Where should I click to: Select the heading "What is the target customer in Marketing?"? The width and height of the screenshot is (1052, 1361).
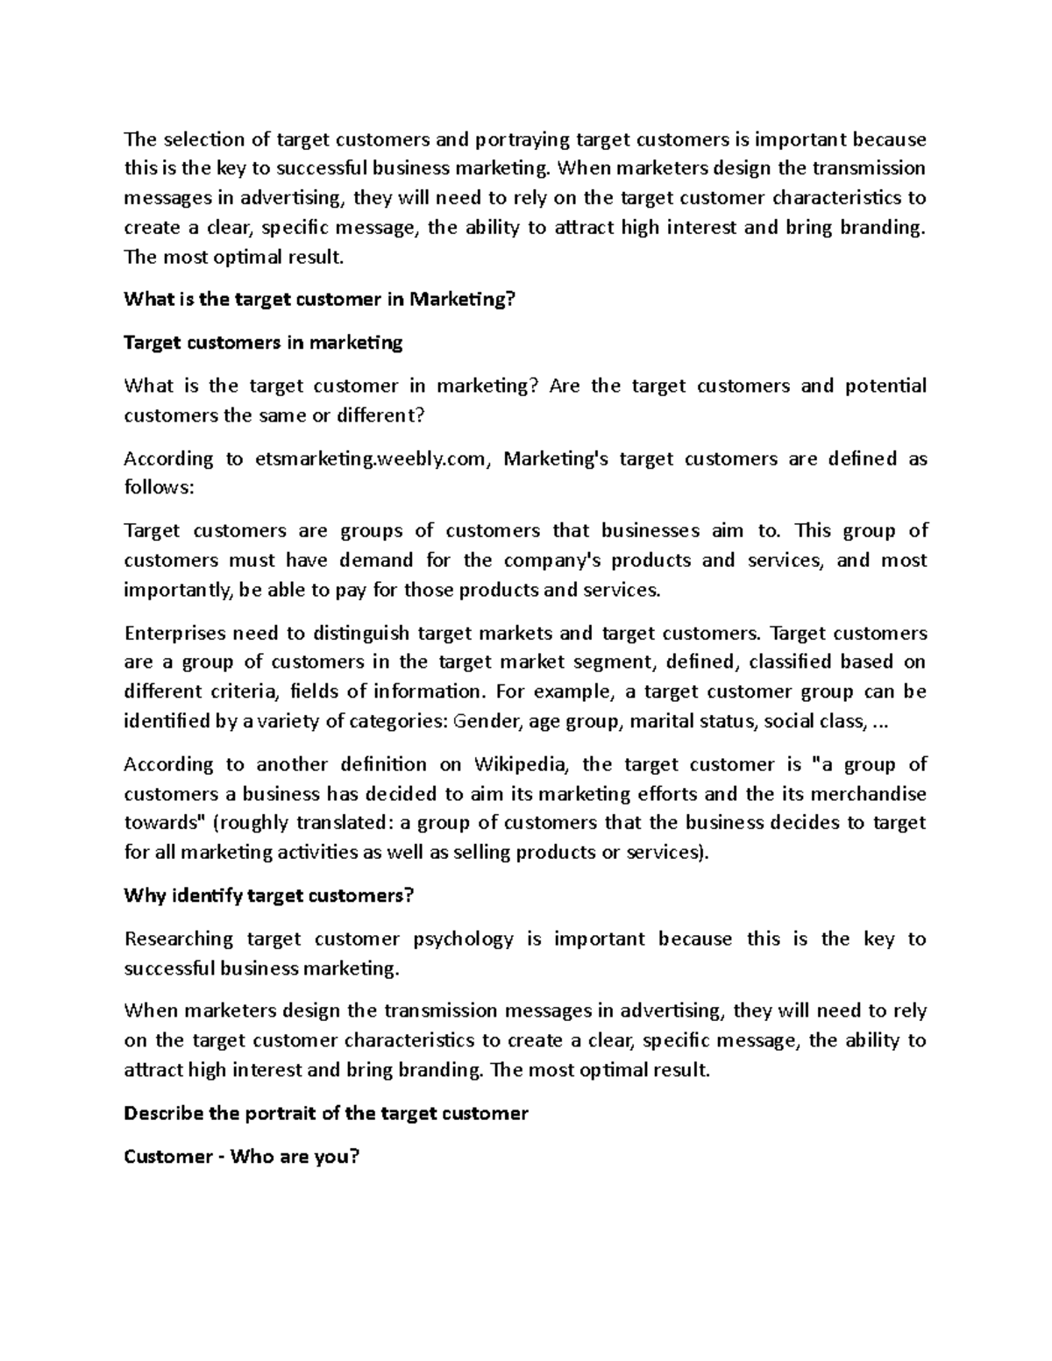320,300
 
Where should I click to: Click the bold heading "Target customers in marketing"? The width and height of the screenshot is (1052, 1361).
263,343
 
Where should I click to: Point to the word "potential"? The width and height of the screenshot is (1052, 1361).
885,386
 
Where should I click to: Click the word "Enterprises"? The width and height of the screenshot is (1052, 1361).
175,634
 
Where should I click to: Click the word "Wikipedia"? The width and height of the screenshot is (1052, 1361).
521,765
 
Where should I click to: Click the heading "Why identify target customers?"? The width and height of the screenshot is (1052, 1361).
268,896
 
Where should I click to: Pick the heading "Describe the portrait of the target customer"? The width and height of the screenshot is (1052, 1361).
326,1114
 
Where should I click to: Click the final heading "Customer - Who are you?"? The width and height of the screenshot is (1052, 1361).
242,1157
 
